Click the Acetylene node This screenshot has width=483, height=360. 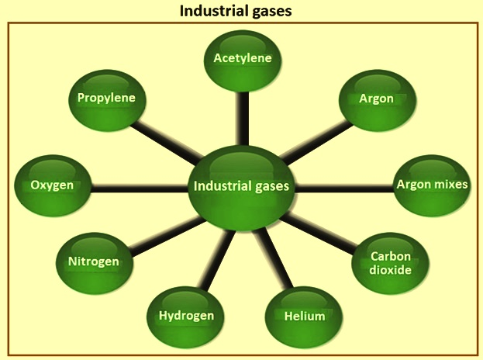click(x=243, y=61)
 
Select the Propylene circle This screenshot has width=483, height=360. click(x=107, y=101)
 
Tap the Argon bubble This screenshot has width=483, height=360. click(x=378, y=101)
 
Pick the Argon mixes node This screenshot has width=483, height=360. click(x=433, y=186)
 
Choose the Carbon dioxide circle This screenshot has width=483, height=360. click(x=390, y=264)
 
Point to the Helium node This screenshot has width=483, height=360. click(x=304, y=317)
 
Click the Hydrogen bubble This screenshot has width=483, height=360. click(x=185, y=317)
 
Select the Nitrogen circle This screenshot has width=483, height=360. click(x=95, y=264)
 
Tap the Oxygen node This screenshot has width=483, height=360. click(x=53, y=186)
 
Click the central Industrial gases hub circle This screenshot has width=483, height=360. click(x=241, y=188)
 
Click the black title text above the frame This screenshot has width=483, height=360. click(x=236, y=11)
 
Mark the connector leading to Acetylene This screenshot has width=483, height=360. click(x=243, y=119)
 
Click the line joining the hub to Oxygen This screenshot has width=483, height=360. click(x=140, y=189)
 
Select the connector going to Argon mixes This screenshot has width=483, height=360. click(x=344, y=189)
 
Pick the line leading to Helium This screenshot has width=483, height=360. click(x=274, y=258)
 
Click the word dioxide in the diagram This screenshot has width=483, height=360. click(x=390, y=270)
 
